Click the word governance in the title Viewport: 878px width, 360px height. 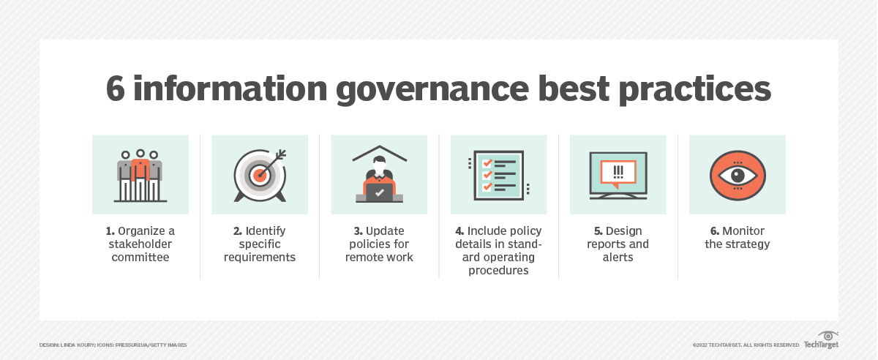[x=432, y=90]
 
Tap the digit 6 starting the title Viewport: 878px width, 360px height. [x=116, y=89]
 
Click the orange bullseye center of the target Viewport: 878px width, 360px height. [x=259, y=176]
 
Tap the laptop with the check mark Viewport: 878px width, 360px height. [x=379, y=192]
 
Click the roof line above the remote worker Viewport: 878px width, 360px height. [x=380, y=153]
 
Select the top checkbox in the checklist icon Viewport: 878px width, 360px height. [x=487, y=162]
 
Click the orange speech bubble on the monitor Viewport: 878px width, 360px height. [x=618, y=173]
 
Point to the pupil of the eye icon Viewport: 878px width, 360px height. [x=738, y=176]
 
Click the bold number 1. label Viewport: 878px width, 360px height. [x=110, y=231]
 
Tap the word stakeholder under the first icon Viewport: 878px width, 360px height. [x=140, y=244]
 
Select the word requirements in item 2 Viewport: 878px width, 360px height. [x=260, y=258]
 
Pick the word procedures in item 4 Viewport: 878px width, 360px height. [x=498, y=271]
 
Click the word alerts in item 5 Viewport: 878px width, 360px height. [x=618, y=258]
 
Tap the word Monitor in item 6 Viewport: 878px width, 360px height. [x=743, y=231]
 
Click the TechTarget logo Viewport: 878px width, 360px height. [x=821, y=340]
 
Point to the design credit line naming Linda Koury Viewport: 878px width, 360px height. [x=113, y=345]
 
